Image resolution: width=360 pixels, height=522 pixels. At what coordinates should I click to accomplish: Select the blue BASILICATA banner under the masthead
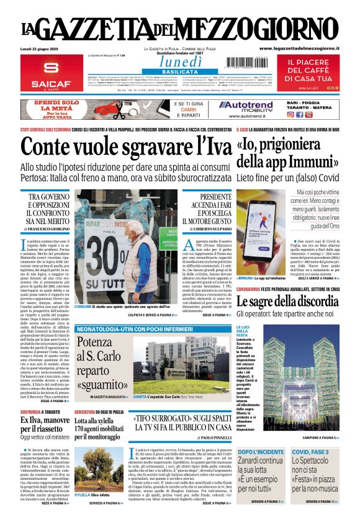[x=179, y=72]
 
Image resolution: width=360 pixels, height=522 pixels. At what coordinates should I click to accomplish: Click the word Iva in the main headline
[x=209, y=146]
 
